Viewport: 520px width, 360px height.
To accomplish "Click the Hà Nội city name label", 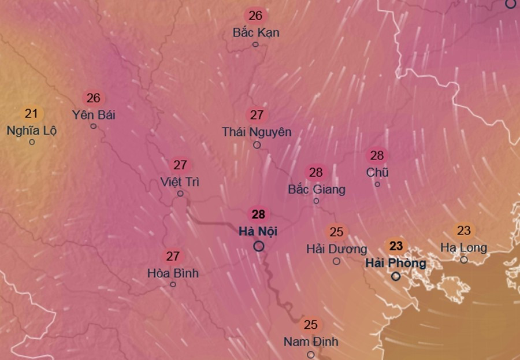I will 258,231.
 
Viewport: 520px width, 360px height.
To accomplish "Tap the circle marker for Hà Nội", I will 259,246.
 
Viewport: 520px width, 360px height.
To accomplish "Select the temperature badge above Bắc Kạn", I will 255,16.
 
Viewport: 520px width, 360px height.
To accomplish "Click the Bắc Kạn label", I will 256,32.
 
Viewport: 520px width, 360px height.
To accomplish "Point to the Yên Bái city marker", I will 94,126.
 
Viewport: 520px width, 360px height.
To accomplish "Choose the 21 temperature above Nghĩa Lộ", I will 31,114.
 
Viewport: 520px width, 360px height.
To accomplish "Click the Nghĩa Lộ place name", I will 32,130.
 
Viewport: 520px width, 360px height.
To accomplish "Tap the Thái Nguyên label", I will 257,132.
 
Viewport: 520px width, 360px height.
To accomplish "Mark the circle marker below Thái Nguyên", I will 257,145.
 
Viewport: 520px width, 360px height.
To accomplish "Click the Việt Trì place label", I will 180,182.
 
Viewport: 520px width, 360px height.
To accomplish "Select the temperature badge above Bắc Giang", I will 315,172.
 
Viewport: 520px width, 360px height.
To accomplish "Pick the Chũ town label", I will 377,172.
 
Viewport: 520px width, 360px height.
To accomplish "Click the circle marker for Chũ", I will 377,184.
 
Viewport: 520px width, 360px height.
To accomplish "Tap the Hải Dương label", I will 336,249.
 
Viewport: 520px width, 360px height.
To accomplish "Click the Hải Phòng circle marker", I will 396,276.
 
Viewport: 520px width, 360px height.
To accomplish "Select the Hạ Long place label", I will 463,248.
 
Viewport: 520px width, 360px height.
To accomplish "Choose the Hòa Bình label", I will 173,273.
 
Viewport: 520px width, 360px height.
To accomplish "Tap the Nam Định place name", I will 311,342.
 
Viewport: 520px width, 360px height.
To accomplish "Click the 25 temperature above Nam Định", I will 311,325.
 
